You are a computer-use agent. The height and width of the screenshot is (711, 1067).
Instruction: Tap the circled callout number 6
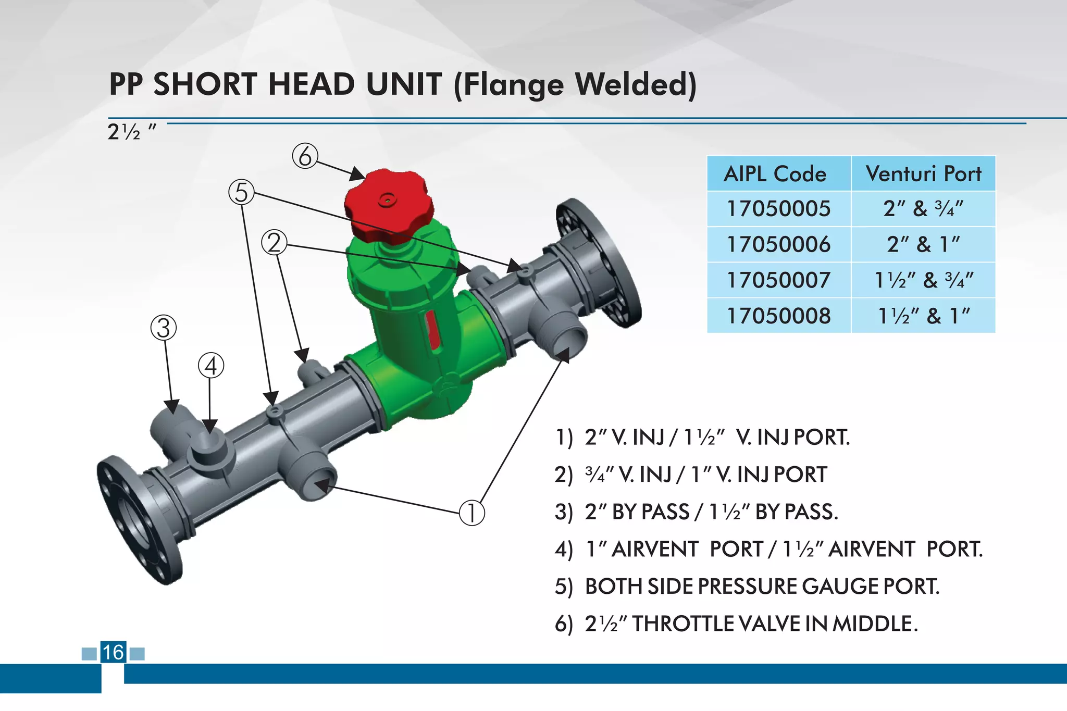pos(305,156)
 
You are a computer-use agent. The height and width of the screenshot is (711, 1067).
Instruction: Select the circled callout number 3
pos(164,328)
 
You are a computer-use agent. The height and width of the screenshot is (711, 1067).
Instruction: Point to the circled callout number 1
pos(472,513)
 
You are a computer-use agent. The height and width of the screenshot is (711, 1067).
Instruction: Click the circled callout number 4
pos(211,366)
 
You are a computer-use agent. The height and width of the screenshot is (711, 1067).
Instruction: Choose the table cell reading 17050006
pos(778,244)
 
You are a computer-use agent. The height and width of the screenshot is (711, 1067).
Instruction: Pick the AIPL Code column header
pos(775,174)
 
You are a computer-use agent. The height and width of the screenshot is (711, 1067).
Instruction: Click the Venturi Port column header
pos(923,174)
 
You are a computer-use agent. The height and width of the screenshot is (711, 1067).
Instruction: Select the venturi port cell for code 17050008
pos(923,316)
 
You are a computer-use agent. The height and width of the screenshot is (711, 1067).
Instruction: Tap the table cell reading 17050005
pos(778,208)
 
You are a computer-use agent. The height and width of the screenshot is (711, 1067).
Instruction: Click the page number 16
pos(113,652)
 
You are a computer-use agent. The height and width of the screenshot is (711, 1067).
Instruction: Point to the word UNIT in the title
pos(404,84)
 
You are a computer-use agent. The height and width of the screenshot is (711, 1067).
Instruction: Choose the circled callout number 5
pos(241,192)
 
